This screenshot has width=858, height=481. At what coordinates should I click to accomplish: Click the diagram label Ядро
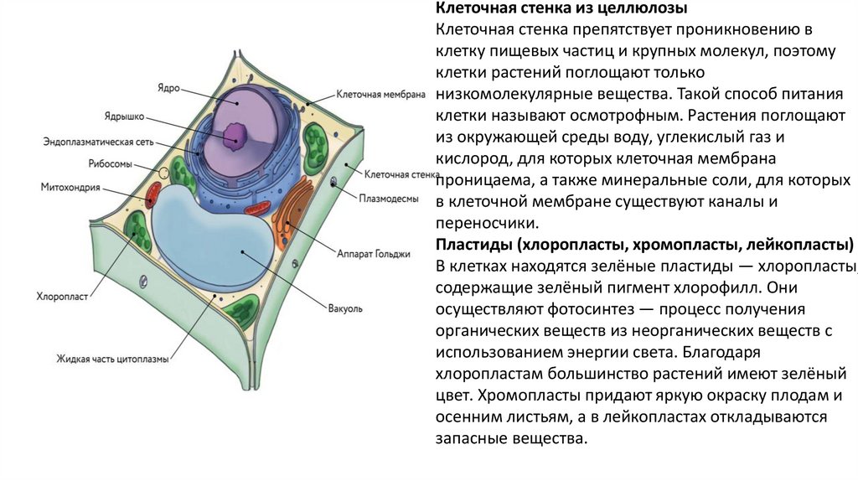pyautogui.click(x=168, y=86)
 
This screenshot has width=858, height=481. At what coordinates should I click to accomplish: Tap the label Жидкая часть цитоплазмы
pyautogui.click(x=113, y=359)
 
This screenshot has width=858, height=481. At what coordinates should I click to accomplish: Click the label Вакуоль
pyautogui.click(x=346, y=308)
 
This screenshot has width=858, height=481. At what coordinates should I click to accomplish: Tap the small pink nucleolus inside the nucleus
pyautogui.click(x=234, y=132)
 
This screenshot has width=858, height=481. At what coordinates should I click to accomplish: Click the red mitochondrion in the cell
pyautogui.click(x=151, y=197)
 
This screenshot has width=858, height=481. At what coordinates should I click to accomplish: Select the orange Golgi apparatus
pyautogui.click(x=290, y=215)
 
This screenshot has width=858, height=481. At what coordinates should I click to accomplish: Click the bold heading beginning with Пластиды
pyautogui.click(x=644, y=245)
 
